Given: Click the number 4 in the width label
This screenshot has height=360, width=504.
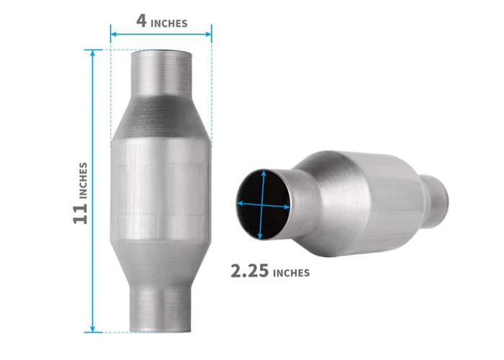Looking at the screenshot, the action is point(141,21).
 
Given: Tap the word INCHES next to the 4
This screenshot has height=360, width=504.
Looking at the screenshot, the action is point(169,24).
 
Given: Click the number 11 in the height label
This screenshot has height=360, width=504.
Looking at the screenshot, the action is point(80,214).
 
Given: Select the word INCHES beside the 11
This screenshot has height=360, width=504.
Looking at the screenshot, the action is point(84,181).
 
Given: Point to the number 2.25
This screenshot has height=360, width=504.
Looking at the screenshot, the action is point(249,271).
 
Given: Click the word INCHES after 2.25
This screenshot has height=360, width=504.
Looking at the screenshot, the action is point(291,273).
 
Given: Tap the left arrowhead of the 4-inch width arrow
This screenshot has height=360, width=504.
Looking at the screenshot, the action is point(113,34).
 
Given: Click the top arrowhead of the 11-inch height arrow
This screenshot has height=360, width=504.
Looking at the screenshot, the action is point(93,53).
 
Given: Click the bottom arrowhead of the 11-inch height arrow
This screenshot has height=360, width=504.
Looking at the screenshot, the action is point(93,330).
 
